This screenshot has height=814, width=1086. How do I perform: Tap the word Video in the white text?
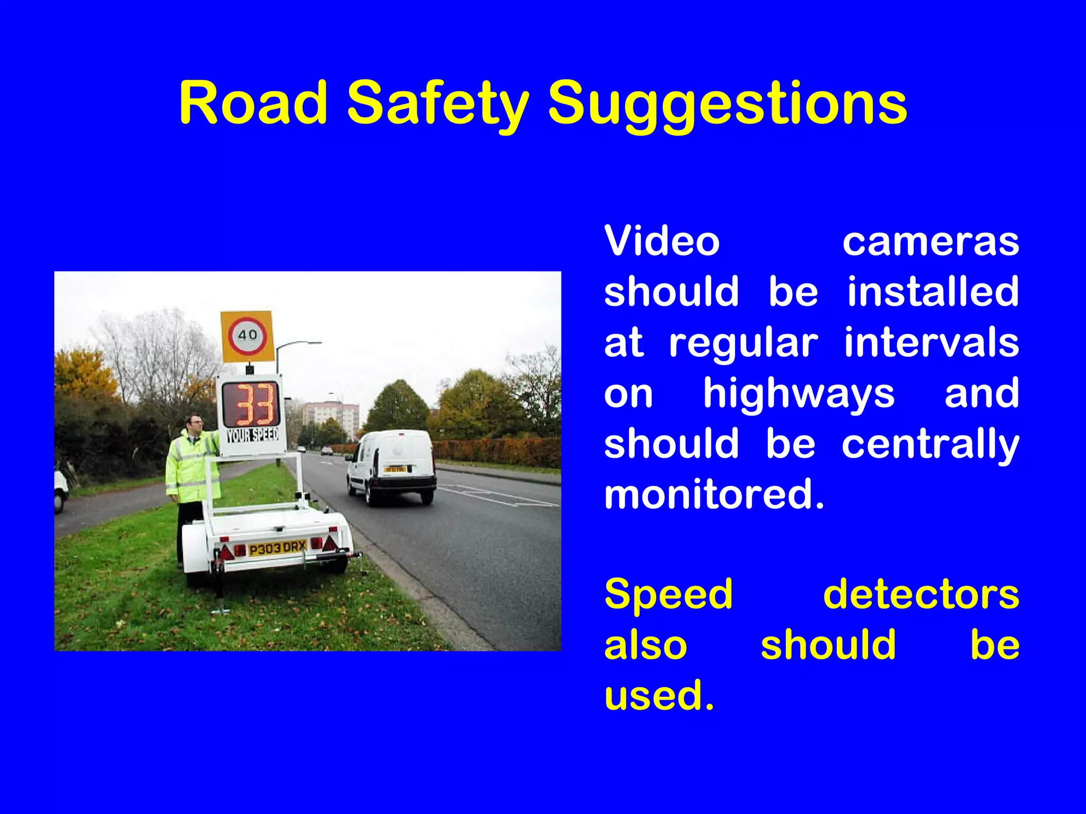[662, 242]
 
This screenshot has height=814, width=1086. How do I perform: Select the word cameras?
[931, 242]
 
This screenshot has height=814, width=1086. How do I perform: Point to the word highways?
[799, 394]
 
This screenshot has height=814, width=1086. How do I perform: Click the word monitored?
[714, 494]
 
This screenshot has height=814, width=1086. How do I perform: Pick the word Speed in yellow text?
[668, 595]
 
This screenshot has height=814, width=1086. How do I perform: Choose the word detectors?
[921, 595]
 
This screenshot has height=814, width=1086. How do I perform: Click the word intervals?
[932, 343]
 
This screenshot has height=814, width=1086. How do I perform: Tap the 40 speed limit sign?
[247, 336]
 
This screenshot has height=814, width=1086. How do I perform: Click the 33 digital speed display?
[250, 405]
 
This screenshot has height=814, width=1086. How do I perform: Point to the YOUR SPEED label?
[252, 436]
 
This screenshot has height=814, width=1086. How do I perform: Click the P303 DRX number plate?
[277, 547]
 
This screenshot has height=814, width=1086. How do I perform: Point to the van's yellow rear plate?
[395, 470]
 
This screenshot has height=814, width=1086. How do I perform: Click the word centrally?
[931, 444]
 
